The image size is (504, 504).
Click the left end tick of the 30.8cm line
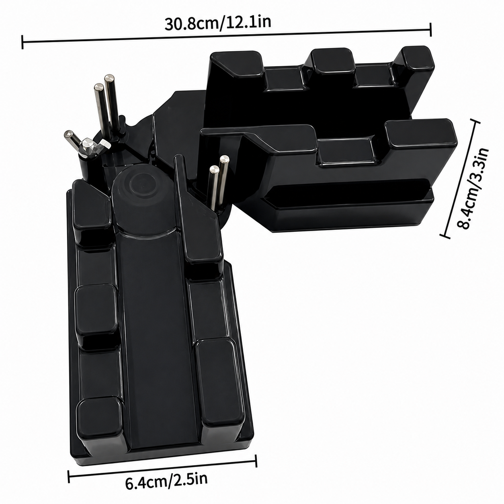click(23, 42)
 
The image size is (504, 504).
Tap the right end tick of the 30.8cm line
click(430, 29)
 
